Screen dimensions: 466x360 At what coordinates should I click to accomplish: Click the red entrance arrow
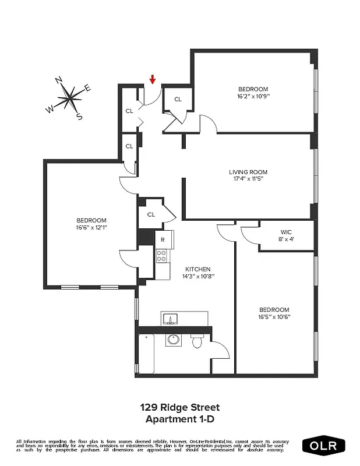153,80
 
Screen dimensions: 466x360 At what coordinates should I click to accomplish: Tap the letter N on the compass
58,80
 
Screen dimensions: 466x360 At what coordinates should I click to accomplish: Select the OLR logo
324,446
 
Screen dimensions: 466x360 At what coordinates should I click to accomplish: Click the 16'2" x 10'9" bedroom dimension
253,96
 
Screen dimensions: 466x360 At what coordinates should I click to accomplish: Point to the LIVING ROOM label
248,172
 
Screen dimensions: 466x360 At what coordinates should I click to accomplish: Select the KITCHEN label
197,269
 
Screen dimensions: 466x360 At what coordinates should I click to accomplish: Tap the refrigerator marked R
163,239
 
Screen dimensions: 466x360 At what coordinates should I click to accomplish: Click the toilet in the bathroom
196,341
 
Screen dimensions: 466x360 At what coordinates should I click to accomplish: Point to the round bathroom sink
173,340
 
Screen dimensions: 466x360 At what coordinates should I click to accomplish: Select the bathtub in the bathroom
146,354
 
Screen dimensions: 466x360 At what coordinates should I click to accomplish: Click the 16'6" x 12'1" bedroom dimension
91,228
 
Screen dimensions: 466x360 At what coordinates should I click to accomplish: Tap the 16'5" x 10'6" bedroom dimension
274,317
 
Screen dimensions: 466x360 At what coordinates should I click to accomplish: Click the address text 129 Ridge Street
179,407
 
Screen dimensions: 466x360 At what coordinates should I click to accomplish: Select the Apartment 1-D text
179,419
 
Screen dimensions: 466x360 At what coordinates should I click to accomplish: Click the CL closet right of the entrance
178,100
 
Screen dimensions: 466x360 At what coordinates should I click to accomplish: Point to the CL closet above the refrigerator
151,214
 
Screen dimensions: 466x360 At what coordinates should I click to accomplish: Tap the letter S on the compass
79,116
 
